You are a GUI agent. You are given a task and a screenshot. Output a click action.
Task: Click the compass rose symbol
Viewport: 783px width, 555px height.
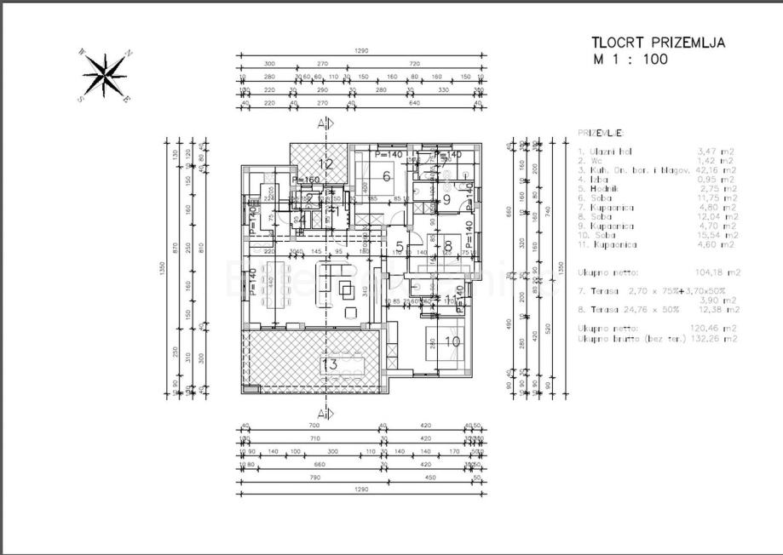click(104, 75)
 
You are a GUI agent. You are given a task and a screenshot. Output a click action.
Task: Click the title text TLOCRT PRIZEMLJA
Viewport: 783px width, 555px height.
click(659, 43)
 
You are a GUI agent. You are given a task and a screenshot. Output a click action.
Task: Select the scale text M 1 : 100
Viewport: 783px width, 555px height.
click(630, 60)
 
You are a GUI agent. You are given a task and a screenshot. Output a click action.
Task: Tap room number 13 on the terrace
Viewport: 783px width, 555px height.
click(329, 365)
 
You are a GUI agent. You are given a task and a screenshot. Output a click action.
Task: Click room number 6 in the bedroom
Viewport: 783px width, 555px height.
click(386, 177)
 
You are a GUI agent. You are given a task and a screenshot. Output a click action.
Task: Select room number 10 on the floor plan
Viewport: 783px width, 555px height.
click(452, 341)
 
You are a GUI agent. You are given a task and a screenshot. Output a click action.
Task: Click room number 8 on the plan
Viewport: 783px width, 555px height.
click(447, 248)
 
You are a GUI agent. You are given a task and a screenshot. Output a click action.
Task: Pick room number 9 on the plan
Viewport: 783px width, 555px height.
click(446, 200)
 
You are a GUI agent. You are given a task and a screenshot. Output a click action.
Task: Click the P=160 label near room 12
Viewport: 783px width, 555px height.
click(305, 180)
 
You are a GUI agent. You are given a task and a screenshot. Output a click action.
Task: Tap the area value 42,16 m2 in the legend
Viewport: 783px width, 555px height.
click(716, 169)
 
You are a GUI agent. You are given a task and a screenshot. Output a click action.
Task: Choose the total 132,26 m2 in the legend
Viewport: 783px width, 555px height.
click(717, 338)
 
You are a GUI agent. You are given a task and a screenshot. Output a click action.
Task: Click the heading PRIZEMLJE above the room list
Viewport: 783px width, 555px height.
click(600, 133)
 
